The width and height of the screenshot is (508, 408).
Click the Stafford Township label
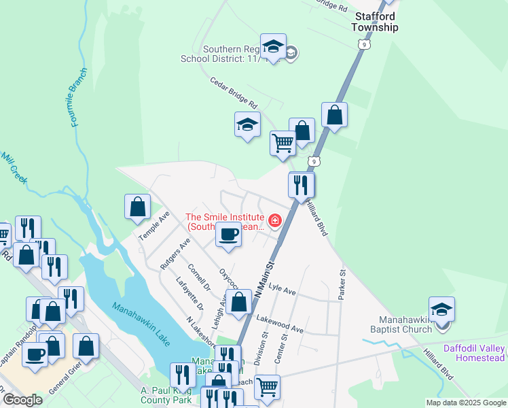click(374, 22)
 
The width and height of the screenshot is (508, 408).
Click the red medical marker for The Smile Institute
click(275, 220)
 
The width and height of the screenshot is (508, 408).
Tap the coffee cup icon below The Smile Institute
click(228, 236)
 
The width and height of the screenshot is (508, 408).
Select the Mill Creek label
click(13, 167)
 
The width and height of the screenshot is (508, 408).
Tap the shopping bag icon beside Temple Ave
click(137, 207)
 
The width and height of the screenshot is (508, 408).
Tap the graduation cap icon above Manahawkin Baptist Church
click(441, 310)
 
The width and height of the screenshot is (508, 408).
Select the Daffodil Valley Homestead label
click(481, 353)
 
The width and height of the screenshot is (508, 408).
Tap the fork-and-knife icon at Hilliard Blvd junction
click(301, 184)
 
